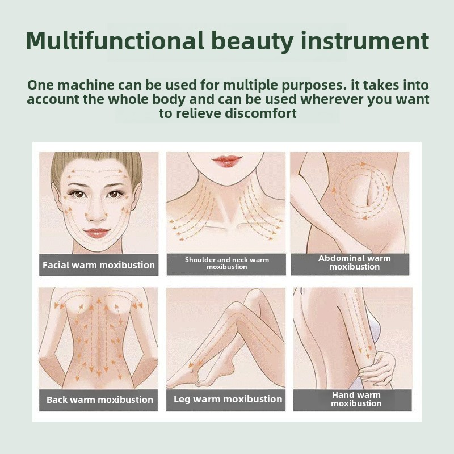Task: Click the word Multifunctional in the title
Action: tap(115, 40)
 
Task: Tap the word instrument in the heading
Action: tap(365, 40)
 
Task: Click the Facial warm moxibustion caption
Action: tap(99, 265)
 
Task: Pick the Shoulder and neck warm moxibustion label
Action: tap(226, 263)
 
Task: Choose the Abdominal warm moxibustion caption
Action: tap(354, 262)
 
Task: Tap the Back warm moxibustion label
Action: tap(100, 400)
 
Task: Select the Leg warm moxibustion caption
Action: tap(228, 399)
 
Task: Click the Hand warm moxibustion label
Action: tap(356, 399)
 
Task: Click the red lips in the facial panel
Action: tap(97, 233)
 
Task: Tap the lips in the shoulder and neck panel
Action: tap(226, 159)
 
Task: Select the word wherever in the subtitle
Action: tap(332, 99)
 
